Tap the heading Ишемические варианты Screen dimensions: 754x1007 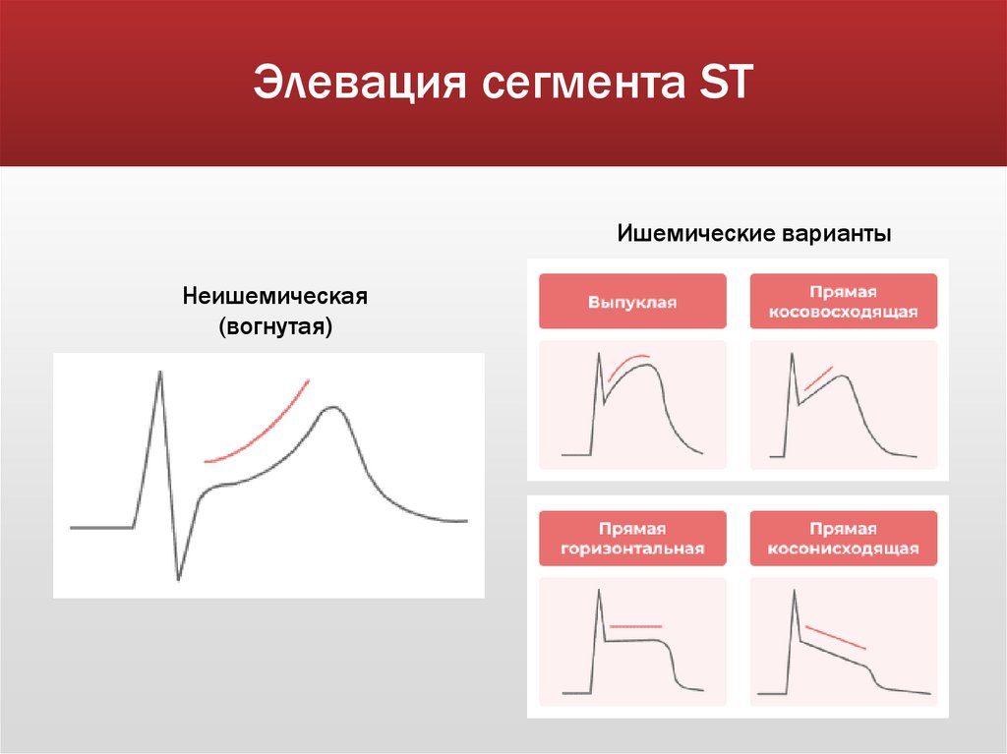click(754, 235)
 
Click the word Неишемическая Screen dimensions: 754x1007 click(274, 296)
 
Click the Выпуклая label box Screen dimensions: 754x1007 click(632, 301)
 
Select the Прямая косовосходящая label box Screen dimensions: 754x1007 click(843, 301)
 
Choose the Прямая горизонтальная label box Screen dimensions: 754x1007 click(632, 539)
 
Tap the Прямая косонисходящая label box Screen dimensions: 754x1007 click(843, 539)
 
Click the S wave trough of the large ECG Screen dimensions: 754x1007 click(178, 579)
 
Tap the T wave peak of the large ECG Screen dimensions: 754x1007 click(333, 407)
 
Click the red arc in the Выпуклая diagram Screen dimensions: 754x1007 click(629, 362)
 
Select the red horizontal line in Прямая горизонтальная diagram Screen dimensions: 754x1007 click(636, 626)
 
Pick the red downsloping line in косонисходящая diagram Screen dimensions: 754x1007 click(836, 637)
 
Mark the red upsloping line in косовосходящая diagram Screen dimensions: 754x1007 click(818, 378)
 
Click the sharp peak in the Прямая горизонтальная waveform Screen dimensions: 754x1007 click(598, 591)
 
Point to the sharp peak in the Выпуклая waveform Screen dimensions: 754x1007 click(598, 356)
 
